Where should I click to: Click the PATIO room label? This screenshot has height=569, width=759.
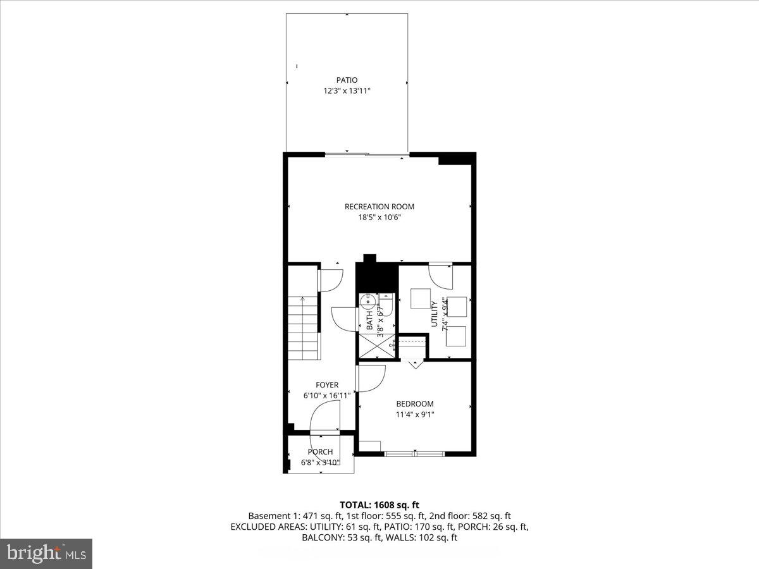click(x=347, y=80)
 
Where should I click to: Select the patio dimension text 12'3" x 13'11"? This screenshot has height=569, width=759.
click(x=347, y=91)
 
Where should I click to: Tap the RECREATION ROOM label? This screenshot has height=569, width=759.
click(x=379, y=207)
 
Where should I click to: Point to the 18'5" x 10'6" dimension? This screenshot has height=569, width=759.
click(x=379, y=217)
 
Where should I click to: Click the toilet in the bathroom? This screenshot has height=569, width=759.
click(x=386, y=305)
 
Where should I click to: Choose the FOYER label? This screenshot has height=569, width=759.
click(x=327, y=385)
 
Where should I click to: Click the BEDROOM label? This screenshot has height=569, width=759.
click(x=415, y=404)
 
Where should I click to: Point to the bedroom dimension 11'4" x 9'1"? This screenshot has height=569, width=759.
click(x=415, y=415)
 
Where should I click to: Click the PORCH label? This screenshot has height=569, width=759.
click(x=320, y=452)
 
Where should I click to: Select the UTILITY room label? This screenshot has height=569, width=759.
click(x=435, y=314)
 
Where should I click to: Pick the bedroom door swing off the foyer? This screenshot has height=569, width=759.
click(x=371, y=378)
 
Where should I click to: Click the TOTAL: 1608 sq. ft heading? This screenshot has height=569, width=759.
click(x=379, y=505)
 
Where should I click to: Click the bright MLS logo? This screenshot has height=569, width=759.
click(x=46, y=553)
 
